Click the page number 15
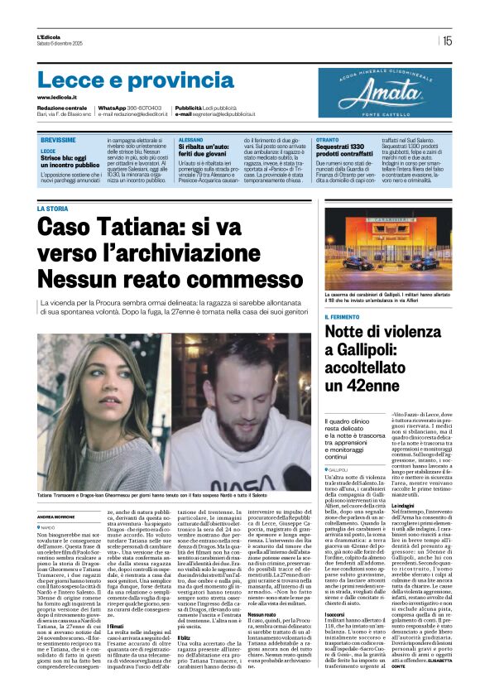point(448,40)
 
